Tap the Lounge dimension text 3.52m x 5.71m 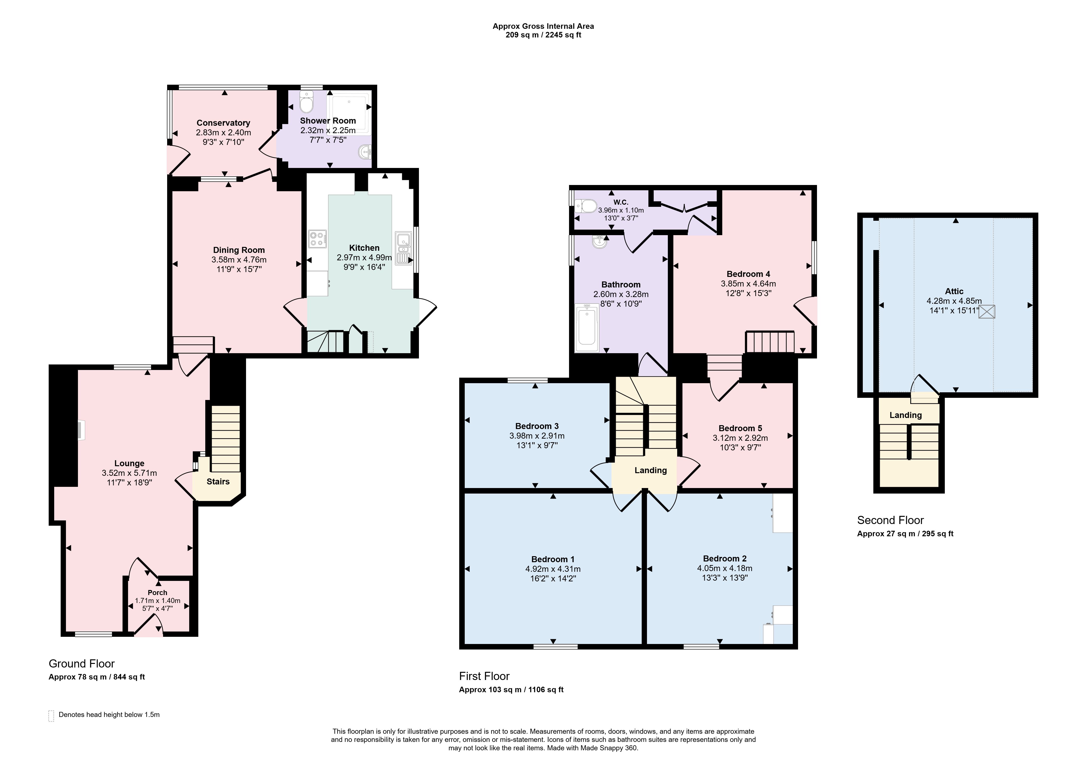[129, 473]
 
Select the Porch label [158, 592]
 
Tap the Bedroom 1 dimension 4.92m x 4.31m [553, 569]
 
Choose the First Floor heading [484, 676]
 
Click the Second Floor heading [891, 520]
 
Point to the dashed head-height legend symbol [51, 716]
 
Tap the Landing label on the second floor [906, 415]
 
